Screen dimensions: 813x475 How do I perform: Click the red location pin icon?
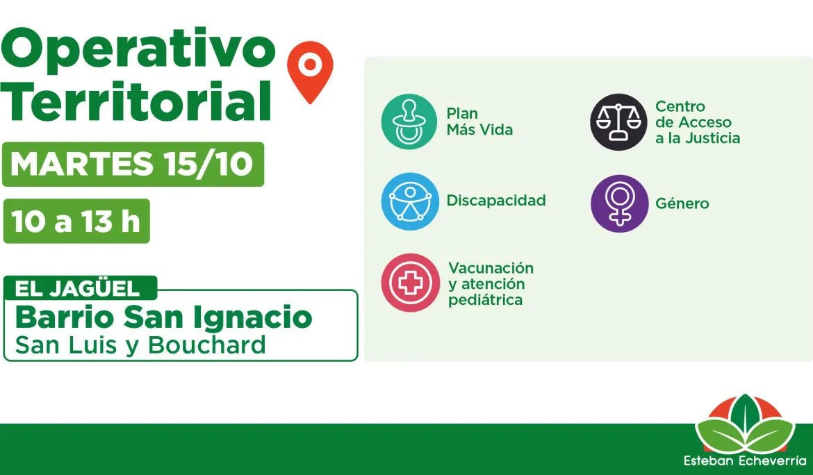(310, 71)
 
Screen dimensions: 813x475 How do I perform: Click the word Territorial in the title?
(136, 101)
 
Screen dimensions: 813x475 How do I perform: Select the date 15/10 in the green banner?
(207, 164)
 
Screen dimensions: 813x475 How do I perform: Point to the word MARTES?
(82, 164)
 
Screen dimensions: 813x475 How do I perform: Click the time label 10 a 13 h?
(76, 222)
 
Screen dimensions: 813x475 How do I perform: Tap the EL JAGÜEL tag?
(80, 288)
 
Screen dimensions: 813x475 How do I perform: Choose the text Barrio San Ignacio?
(163, 317)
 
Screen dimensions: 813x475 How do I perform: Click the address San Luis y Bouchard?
(140, 345)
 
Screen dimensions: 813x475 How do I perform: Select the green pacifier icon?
(409, 122)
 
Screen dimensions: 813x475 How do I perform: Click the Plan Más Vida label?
(479, 122)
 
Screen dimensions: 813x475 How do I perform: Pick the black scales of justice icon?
(618, 122)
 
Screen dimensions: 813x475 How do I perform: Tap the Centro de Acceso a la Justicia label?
(698, 122)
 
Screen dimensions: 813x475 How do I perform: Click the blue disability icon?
(410, 201)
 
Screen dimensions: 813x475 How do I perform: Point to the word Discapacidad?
(496, 201)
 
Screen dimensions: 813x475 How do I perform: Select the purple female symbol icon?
(620, 203)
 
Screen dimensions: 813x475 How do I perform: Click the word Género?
(682, 203)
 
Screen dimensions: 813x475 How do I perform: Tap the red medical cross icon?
(410, 283)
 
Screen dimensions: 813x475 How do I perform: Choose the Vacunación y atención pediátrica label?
(491, 284)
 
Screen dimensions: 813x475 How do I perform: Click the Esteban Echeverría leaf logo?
(745, 430)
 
